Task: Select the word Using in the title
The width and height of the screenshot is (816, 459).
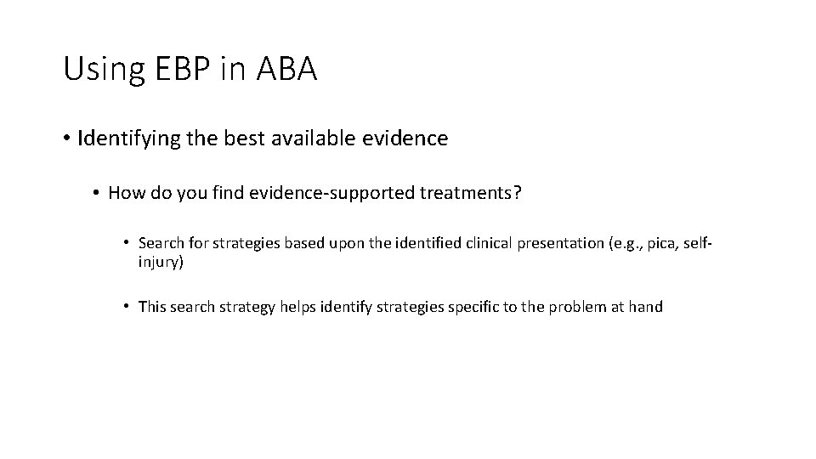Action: (94, 70)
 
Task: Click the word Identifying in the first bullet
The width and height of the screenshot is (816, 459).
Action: (127, 138)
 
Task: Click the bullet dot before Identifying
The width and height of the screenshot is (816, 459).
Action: (67, 139)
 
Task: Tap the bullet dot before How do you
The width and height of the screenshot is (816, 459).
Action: (98, 195)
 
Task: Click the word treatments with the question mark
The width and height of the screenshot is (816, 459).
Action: (472, 194)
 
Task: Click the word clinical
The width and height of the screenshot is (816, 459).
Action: (490, 244)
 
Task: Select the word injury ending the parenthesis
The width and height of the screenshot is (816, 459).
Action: (160, 262)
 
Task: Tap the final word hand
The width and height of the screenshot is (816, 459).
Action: (645, 307)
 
